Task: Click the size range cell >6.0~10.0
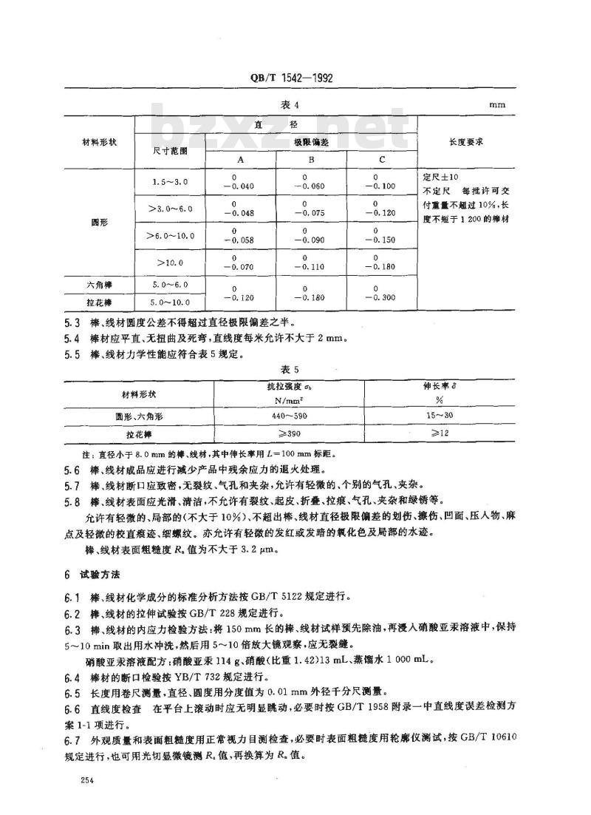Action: [x=171, y=235]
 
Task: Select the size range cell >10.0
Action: [x=171, y=263]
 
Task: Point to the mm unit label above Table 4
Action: [x=496, y=104]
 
